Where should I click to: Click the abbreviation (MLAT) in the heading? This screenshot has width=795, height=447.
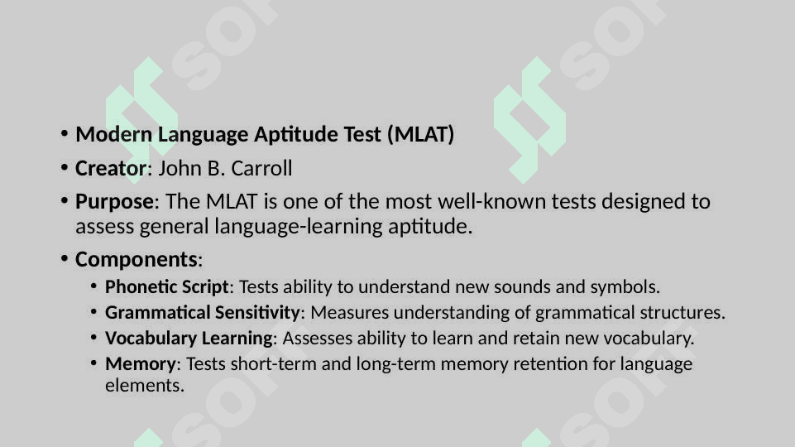(420, 134)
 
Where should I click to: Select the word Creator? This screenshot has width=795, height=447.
(111, 168)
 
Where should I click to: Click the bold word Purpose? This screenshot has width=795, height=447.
(115, 202)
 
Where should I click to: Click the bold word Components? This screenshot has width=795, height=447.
(136, 260)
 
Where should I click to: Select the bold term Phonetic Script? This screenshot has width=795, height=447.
(167, 287)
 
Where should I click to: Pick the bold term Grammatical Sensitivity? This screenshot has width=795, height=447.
(203, 313)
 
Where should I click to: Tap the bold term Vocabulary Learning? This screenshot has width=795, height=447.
(189, 339)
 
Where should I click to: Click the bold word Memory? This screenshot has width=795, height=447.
(141, 364)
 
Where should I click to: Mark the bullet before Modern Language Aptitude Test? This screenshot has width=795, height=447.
(65, 134)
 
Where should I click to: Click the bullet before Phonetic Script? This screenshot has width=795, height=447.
(93, 286)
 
